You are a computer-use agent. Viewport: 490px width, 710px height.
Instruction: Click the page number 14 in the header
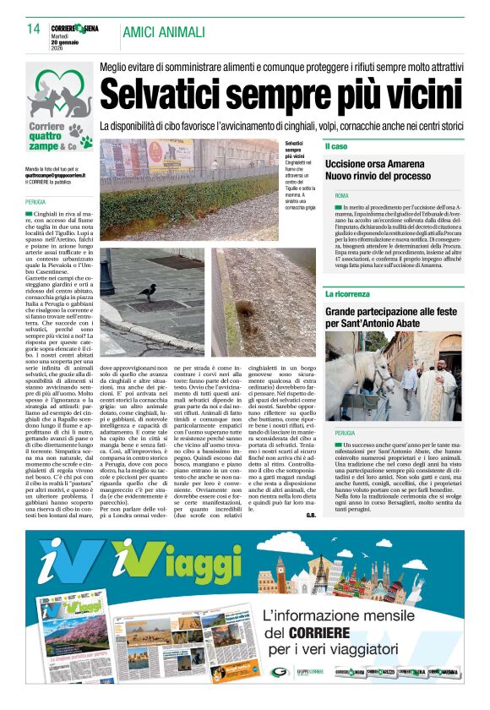coord(34,30)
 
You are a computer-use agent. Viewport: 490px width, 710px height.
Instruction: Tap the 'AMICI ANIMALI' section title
coord(163,32)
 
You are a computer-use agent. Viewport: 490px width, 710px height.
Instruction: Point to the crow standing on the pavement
coord(146,292)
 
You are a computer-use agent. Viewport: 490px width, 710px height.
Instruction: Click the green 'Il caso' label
coord(336,146)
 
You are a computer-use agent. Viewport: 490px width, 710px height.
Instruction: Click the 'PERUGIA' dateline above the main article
coord(36,203)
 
